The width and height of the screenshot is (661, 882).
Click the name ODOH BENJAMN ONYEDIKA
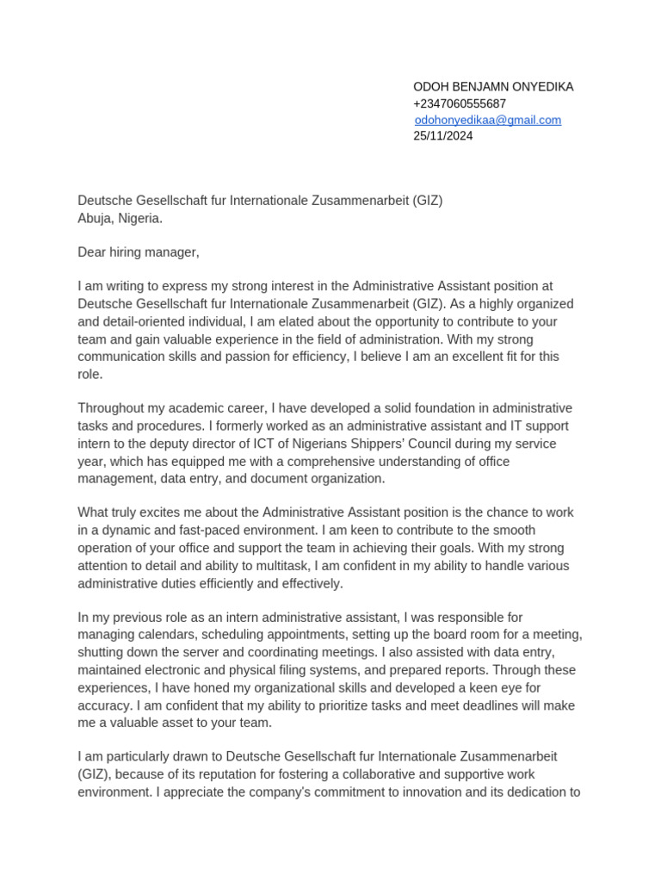point(493,87)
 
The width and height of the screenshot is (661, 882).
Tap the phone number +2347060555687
point(460,103)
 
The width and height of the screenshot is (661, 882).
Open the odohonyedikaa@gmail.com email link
point(488,120)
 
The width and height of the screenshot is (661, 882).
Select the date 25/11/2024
point(443,136)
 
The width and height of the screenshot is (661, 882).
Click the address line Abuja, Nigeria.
point(120,218)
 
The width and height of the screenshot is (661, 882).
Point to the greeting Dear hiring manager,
point(138,252)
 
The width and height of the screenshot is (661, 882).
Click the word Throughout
point(113,408)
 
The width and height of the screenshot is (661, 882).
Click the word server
point(204,653)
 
